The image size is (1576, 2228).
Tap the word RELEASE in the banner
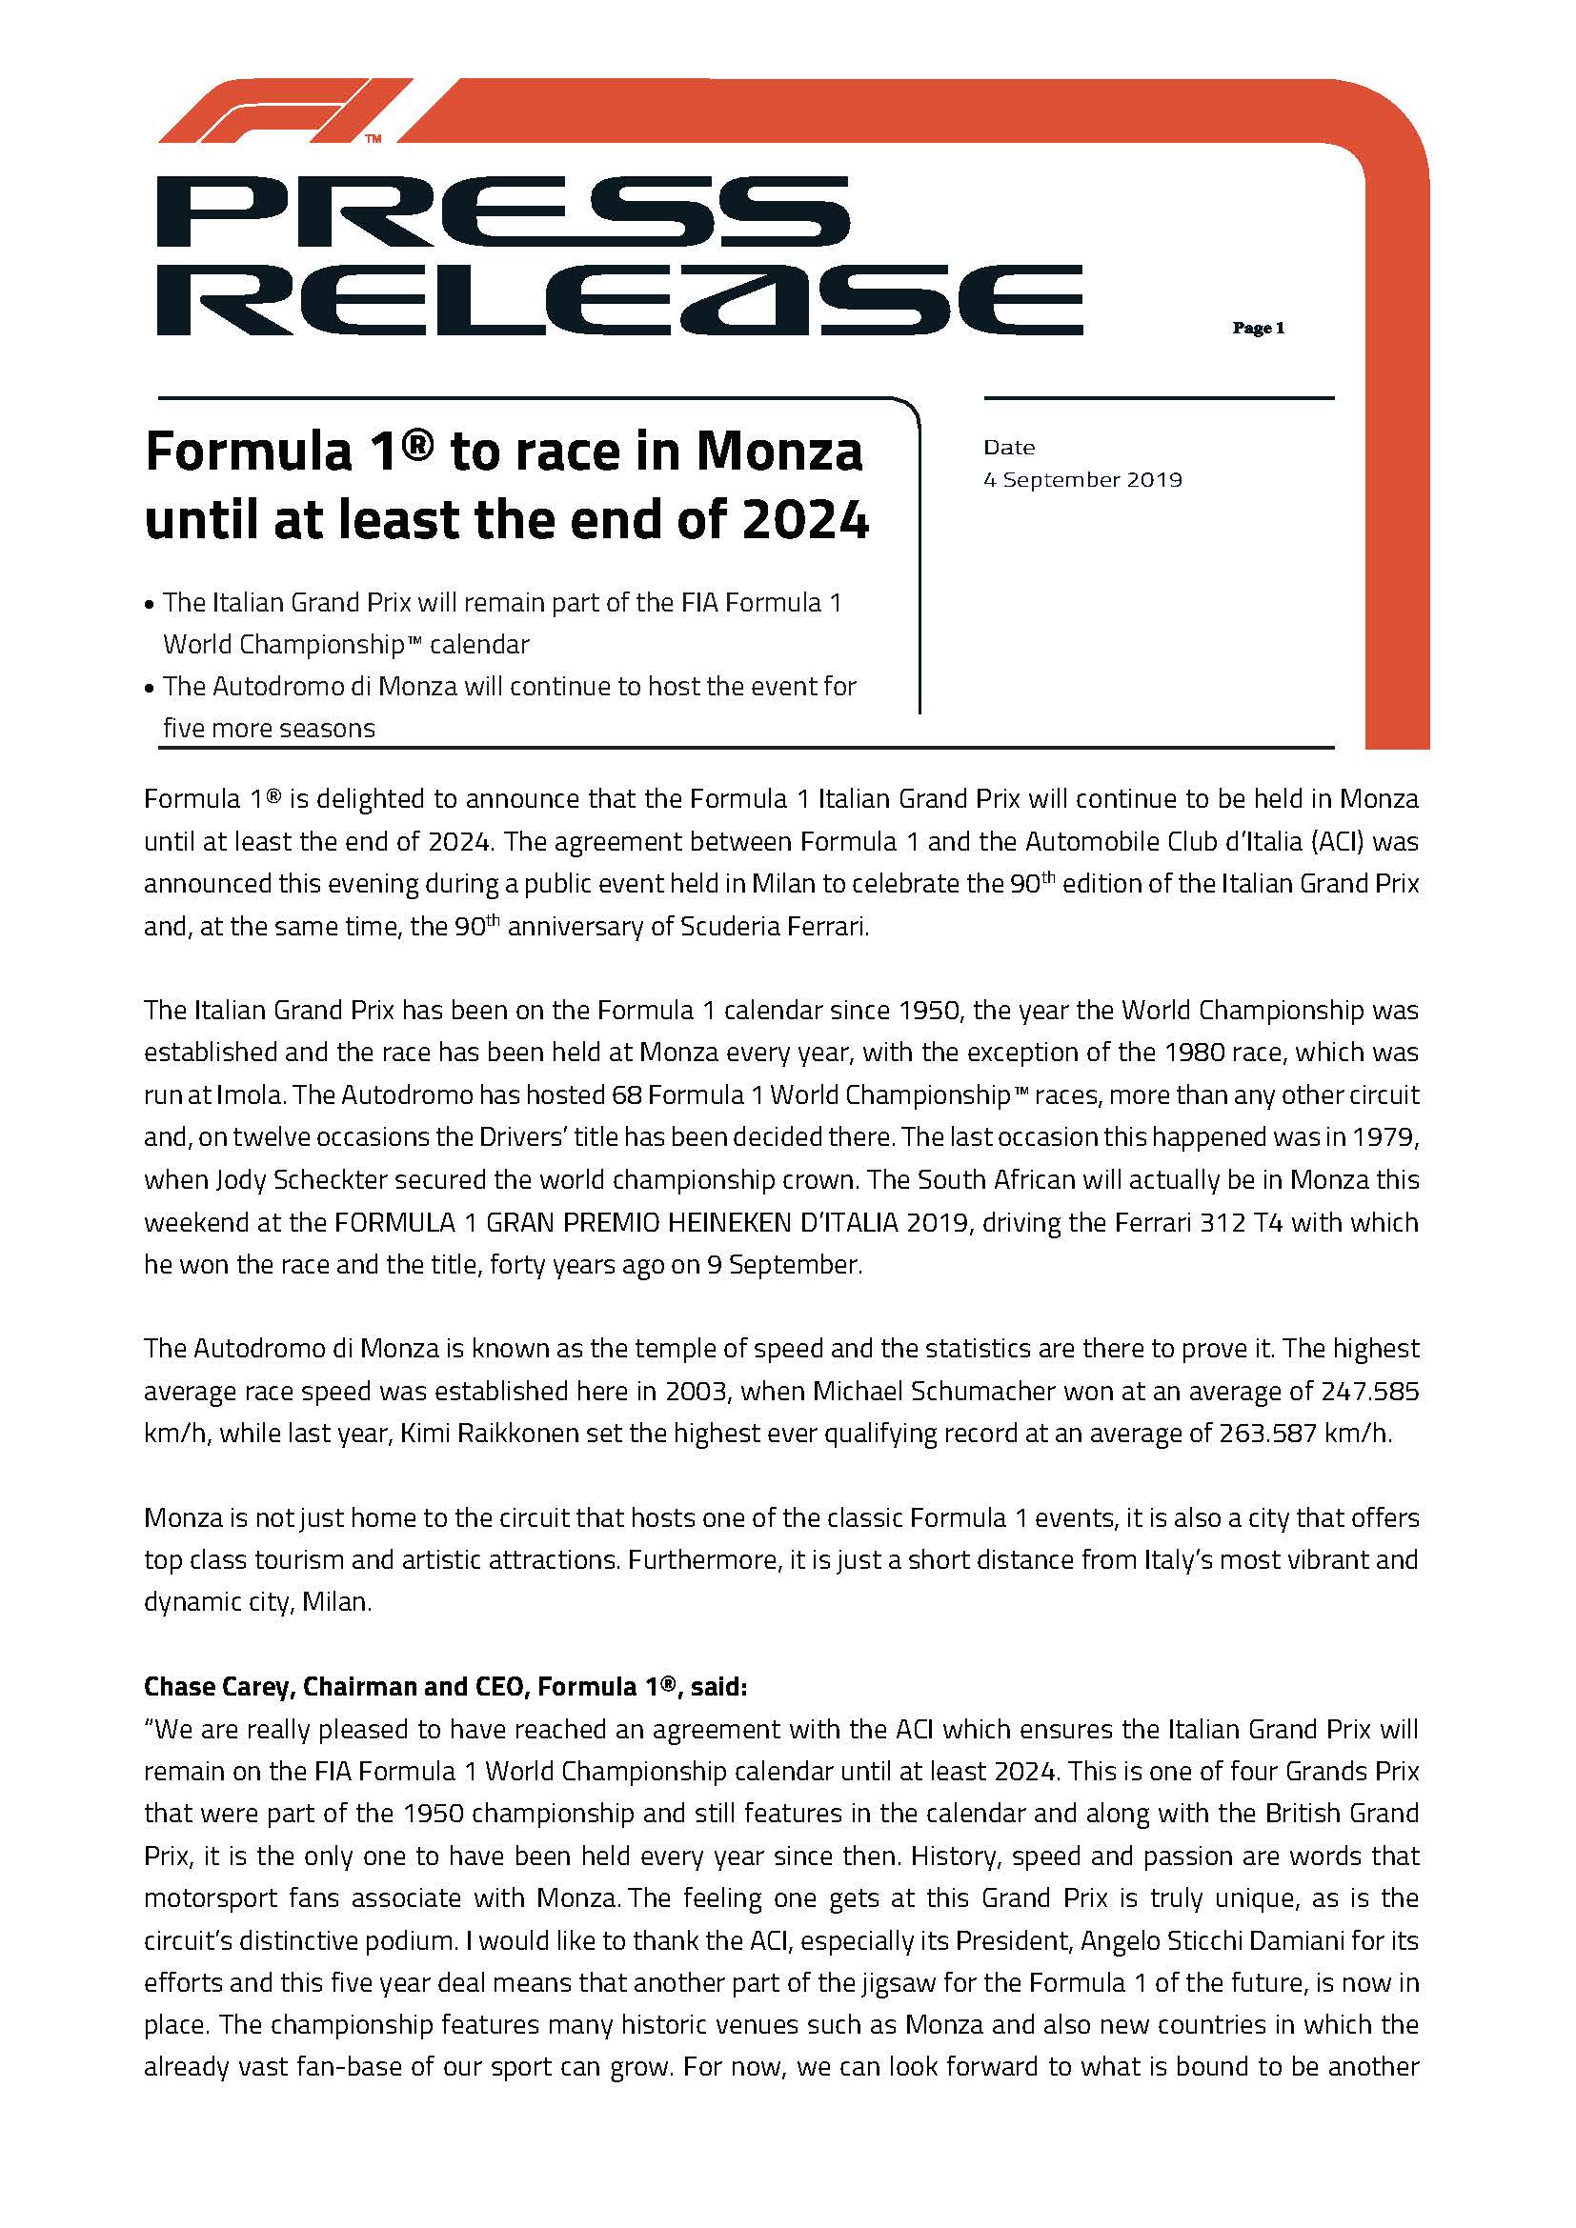619,300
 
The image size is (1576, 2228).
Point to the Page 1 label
1258,328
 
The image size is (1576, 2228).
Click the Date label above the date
1008,448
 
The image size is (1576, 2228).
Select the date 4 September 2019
1082,479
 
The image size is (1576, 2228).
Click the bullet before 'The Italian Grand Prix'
149,605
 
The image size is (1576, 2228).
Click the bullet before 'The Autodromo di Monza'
149,688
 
